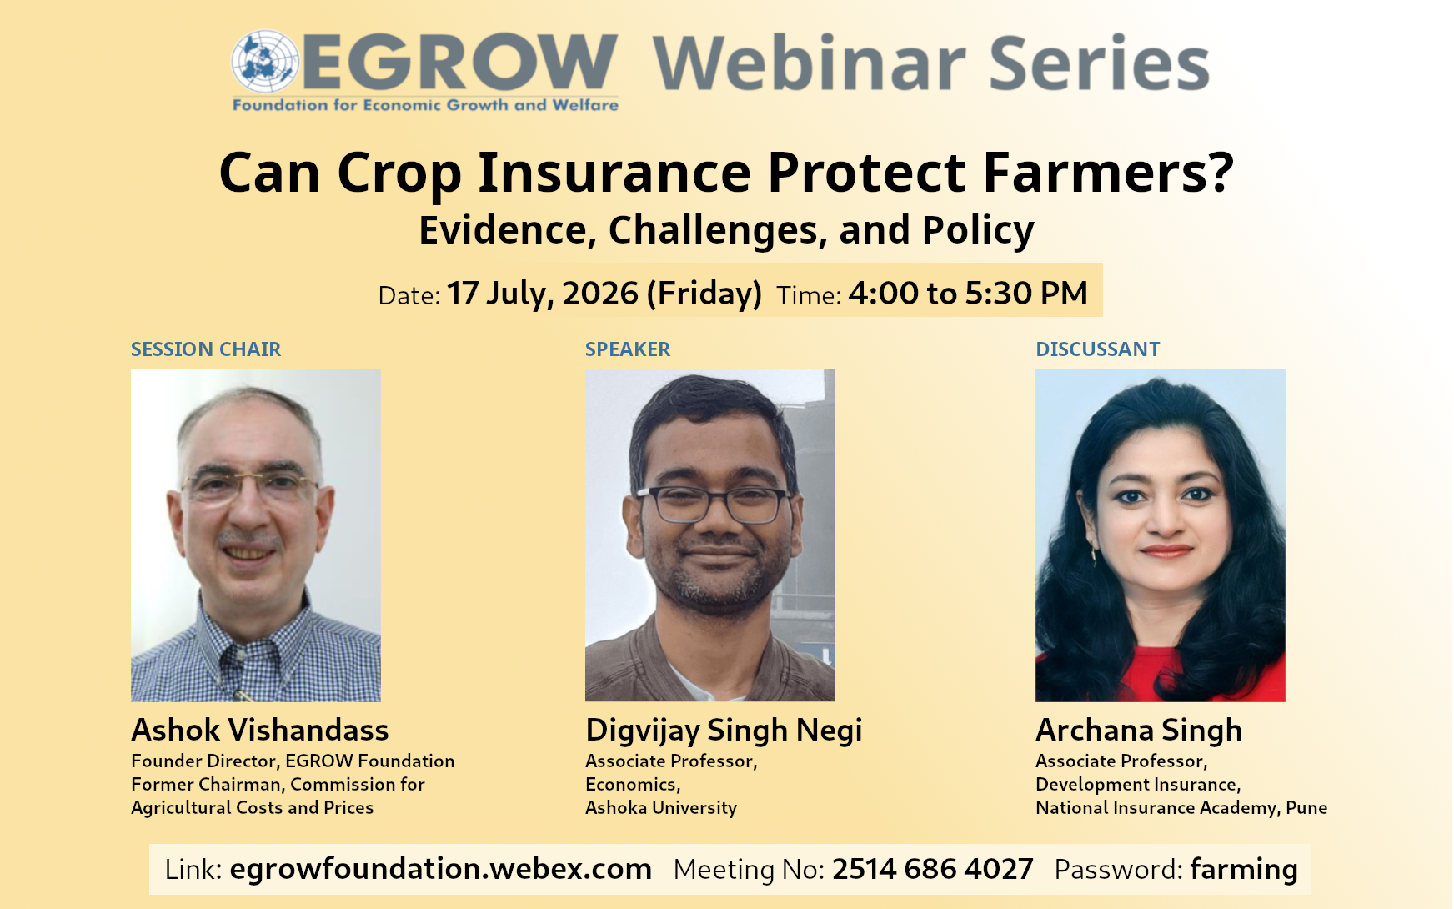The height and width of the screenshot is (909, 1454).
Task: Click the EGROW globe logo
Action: point(265,61)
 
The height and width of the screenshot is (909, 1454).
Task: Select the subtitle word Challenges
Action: point(718,230)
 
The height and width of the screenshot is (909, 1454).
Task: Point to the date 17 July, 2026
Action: point(543,294)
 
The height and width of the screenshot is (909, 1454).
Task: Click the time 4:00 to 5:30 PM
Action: point(968,294)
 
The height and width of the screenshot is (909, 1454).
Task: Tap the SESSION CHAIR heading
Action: point(206,349)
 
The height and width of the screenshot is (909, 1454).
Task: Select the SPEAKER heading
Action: point(628,349)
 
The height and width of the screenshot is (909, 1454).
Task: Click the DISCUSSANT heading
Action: point(1098,349)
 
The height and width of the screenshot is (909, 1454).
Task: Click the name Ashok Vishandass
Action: point(260,730)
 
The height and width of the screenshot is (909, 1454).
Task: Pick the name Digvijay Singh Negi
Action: point(724,731)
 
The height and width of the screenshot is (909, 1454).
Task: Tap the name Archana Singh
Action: point(1139,731)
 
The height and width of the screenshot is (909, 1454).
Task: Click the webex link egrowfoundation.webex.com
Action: point(440,869)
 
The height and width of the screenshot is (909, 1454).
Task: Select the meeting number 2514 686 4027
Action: point(933,869)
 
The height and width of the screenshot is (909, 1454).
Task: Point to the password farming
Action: point(1244,870)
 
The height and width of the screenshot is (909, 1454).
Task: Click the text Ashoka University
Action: point(661,807)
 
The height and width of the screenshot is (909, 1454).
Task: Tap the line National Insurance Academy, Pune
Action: point(1181,807)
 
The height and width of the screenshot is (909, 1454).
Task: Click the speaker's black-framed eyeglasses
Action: point(713,504)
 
